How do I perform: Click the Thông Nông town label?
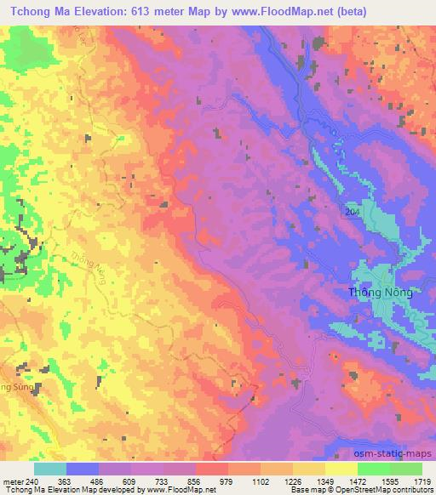point(381,293)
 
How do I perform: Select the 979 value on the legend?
point(227,481)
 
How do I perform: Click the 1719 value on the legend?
point(421,481)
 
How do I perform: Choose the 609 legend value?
point(129,481)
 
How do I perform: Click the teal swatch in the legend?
point(49,469)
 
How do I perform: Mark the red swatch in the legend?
point(210,469)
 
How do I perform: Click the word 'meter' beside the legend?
point(12,481)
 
